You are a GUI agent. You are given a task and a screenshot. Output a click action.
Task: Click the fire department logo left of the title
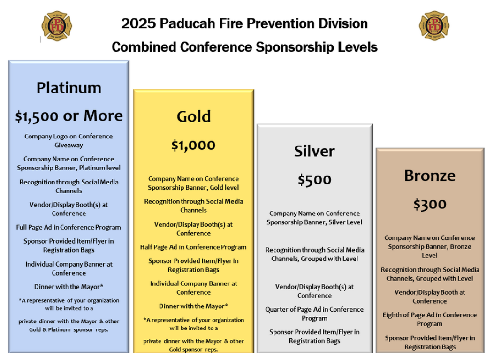[x=57, y=26]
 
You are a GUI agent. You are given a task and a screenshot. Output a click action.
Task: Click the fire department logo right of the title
[x=434, y=26]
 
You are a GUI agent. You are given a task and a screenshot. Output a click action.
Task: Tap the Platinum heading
[x=69, y=88]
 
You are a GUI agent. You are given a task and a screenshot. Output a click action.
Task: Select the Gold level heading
[x=194, y=116]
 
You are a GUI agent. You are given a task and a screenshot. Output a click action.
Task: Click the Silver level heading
[x=314, y=151]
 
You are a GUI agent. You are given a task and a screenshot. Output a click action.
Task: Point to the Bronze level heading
[x=430, y=176]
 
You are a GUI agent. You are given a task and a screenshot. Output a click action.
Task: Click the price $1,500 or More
[x=69, y=116]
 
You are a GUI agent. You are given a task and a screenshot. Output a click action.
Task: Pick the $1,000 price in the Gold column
[x=193, y=145]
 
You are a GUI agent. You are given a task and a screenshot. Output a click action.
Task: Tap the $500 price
[x=314, y=180]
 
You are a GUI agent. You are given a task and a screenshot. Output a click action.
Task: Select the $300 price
[x=430, y=204]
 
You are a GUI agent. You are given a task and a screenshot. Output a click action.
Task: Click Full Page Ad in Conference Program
[x=68, y=227]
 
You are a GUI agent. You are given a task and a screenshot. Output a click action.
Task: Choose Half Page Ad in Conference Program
[x=193, y=247]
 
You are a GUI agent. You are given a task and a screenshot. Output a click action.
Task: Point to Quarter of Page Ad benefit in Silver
[x=314, y=314]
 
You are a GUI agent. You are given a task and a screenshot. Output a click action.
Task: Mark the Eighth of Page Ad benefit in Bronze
[x=430, y=319]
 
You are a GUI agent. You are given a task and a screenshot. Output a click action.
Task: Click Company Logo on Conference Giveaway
[x=68, y=141]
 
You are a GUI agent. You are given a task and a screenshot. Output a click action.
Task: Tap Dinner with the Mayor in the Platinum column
[x=68, y=287]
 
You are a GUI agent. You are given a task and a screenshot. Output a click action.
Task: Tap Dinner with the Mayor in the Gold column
[x=193, y=306]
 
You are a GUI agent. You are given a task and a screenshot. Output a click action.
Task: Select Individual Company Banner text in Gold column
[x=193, y=288]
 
